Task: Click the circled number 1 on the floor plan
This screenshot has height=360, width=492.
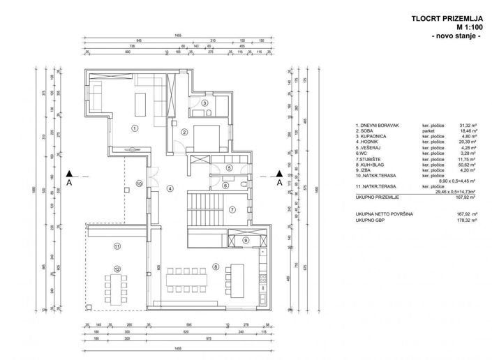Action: coord(134,127)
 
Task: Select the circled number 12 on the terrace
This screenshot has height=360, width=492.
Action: coord(117,269)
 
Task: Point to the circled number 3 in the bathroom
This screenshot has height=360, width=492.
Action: coord(204,103)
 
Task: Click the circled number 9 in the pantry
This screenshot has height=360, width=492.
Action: coord(246,241)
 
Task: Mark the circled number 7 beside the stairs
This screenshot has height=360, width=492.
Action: coord(232,209)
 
